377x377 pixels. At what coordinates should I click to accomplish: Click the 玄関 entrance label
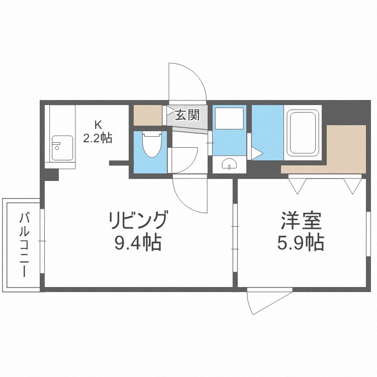(187, 115)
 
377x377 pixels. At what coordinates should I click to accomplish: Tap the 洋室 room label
(301, 222)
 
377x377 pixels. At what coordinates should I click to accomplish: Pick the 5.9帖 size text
(300, 244)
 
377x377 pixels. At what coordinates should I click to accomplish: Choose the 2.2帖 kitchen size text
(98, 137)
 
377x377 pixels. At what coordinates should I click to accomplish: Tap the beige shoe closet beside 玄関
(148, 115)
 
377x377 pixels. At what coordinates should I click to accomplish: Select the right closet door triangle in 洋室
(353, 185)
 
